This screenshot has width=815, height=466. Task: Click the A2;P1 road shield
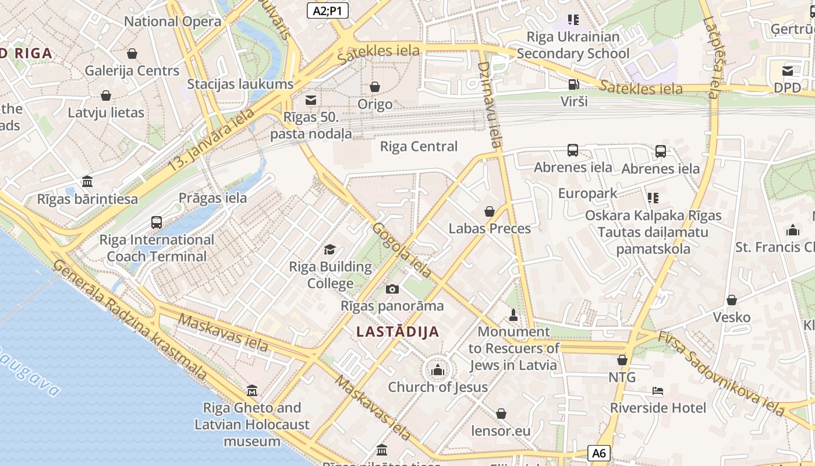(327, 10)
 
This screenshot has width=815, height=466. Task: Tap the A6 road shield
(600, 453)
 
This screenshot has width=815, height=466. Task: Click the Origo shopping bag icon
(375, 87)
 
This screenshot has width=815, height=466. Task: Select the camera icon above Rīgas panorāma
(392, 289)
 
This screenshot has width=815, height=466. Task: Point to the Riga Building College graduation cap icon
(330, 250)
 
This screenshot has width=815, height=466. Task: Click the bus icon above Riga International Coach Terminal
(156, 222)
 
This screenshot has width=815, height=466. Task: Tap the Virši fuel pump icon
(573, 84)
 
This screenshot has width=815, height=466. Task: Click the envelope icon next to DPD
(787, 71)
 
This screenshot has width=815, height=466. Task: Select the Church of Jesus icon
(438, 369)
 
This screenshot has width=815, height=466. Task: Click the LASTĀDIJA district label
(398, 332)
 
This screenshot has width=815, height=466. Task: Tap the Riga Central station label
(419, 146)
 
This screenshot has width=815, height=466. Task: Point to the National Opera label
(173, 22)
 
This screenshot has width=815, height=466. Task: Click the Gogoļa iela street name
(402, 250)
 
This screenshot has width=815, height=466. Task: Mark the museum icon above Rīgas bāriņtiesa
(87, 181)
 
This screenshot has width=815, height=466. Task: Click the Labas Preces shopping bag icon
(490, 211)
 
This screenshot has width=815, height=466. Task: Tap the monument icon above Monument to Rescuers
(513, 315)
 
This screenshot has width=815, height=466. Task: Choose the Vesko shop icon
(731, 300)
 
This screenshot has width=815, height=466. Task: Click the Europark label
(587, 193)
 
